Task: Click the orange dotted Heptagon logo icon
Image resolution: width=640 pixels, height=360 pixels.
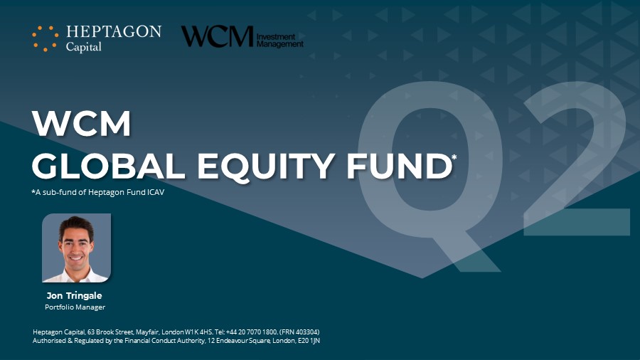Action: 45,38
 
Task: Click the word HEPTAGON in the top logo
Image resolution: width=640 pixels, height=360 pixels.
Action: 114,31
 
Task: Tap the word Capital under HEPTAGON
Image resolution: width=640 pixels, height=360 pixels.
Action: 84,48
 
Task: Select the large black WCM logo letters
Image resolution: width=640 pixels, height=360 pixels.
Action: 218,36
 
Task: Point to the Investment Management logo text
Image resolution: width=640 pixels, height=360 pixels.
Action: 280,41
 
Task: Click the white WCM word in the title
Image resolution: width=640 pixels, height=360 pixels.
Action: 82,123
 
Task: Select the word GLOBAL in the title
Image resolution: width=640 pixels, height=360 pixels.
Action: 109,166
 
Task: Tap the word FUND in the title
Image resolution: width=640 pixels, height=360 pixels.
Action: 399,166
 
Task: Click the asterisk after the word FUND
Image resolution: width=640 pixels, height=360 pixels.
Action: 454,157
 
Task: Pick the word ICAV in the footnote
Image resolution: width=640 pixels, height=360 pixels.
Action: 156,192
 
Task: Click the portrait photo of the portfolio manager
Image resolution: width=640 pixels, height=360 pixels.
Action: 76,248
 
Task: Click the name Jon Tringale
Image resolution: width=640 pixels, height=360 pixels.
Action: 74,295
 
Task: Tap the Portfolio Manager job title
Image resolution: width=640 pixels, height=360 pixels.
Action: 75,307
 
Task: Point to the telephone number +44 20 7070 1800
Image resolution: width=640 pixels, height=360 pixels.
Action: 252,332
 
